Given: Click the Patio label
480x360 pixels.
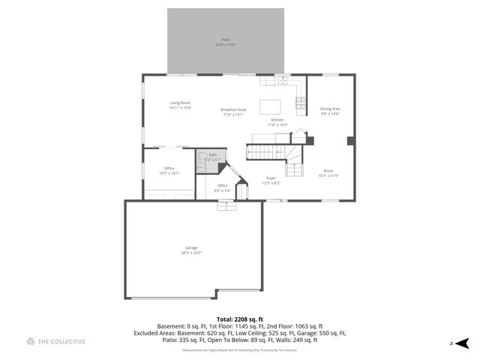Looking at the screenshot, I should point(225,39).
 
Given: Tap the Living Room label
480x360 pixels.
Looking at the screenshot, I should point(180,102).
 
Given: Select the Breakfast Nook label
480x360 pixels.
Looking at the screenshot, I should point(233,109).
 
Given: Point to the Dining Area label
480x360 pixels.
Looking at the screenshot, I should point(330,109).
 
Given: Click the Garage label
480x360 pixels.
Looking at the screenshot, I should point(191,247).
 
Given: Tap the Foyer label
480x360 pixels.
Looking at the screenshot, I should point(271,178).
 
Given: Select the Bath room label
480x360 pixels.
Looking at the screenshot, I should point(213,154).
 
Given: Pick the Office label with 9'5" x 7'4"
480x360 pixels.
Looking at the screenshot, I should point(222,185).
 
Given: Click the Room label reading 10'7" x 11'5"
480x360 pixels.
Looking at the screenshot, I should point(328,170).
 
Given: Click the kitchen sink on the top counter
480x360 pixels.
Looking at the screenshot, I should point(283,80).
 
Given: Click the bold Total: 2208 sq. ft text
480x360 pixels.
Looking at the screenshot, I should point(239,319).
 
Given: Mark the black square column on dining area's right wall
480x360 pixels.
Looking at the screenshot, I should point(349,139).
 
